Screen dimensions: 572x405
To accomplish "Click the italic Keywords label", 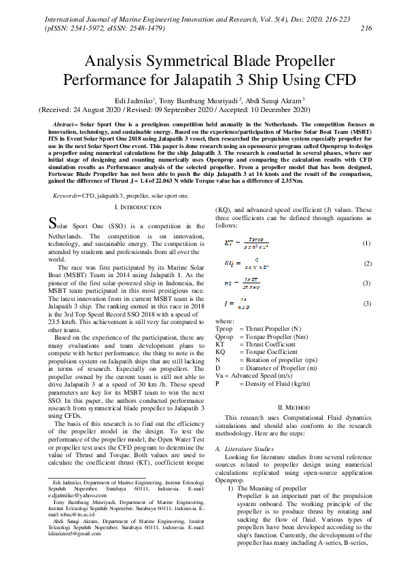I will click(x=69, y=177).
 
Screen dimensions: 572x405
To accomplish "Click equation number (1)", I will click(x=366, y=243).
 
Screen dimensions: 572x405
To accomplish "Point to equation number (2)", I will click(x=366, y=262).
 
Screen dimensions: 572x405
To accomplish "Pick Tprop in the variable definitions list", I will click(x=224, y=328).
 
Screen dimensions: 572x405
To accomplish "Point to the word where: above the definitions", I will click(x=224, y=319).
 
